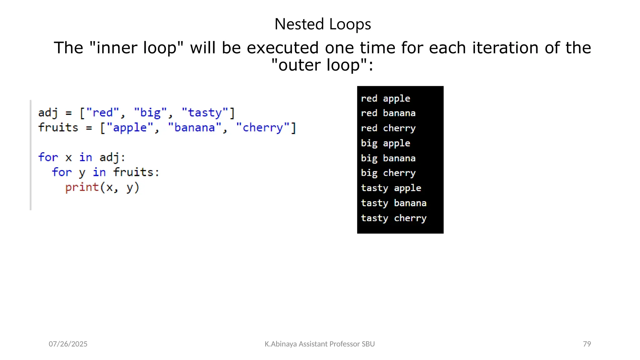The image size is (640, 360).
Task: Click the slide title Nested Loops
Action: click(x=322, y=24)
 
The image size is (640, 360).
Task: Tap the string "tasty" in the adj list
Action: click(x=205, y=112)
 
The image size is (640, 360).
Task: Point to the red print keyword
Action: click(x=82, y=187)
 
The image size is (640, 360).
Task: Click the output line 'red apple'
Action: click(x=385, y=98)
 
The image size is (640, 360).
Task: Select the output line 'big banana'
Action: click(x=388, y=158)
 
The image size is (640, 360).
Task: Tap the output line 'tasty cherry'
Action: click(x=394, y=218)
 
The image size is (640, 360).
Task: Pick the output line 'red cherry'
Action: click(x=388, y=128)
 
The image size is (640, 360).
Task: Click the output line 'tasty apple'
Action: click(x=391, y=188)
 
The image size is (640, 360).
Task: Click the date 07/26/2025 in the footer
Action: click(x=68, y=344)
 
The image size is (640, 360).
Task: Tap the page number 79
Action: click(x=587, y=344)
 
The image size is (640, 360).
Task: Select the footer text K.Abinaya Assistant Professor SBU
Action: click(x=320, y=344)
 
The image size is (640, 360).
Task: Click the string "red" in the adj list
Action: click(x=102, y=112)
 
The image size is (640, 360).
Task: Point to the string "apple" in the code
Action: click(x=130, y=127)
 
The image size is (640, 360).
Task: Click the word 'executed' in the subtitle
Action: click(x=283, y=48)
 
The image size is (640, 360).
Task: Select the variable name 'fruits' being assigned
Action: click(x=58, y=127)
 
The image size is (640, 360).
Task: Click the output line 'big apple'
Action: click(x=385, y=143)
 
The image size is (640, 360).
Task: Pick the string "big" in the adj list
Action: click(x=150, y=112)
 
